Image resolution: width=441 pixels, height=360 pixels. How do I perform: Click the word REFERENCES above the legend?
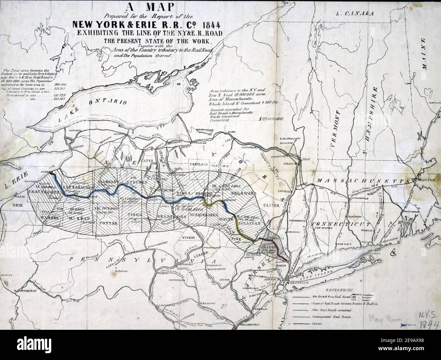(339, 291)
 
